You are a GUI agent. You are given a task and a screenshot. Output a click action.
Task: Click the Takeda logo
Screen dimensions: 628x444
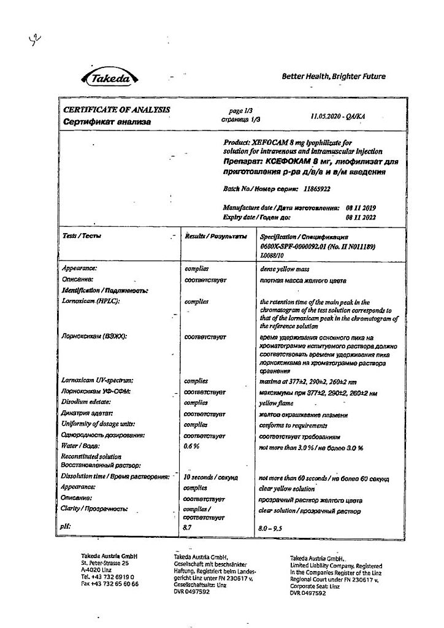110,78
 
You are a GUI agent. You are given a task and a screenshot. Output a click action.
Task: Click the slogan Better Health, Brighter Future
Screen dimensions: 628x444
334,77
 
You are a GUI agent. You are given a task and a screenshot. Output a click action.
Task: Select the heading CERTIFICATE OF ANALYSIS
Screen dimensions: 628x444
117,110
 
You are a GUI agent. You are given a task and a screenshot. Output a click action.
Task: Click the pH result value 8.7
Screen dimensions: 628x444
188,527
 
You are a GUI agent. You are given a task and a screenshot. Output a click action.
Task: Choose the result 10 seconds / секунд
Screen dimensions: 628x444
211,477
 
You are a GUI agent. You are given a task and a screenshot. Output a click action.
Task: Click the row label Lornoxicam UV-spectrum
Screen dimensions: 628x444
98,381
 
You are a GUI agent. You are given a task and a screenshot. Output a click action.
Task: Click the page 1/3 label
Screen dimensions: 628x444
235,111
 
